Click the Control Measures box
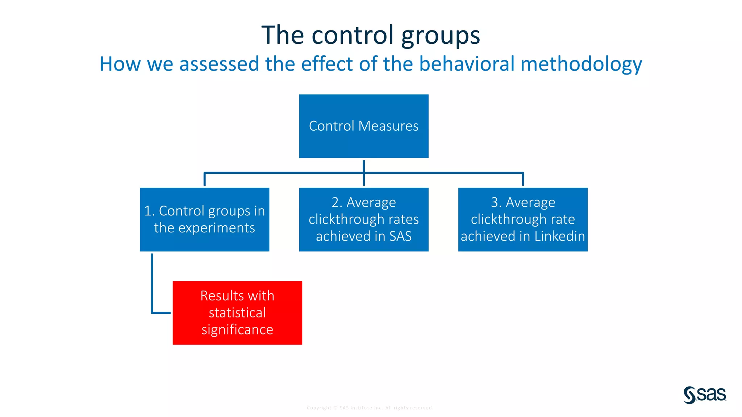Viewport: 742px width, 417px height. tap(363, 126)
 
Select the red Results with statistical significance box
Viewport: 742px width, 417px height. tap(237, 312)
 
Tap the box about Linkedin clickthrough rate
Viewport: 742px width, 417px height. tap(522, 219)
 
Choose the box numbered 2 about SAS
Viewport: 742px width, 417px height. tap(363, 219)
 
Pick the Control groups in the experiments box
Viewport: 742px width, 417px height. tap(204, 219)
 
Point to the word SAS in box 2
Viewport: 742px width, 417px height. tap(400, 236)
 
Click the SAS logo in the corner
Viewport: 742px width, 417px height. tap(705, 395)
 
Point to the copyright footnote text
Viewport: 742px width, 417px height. tap(370, 408)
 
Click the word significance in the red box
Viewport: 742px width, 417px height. tap(237, 330)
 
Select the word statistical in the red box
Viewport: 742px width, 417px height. tap(237, 313)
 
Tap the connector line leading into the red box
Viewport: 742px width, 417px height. tap(152, 286)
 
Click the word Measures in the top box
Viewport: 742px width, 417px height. tap(388, 126)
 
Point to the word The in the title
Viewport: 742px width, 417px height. tap(282, 35)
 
